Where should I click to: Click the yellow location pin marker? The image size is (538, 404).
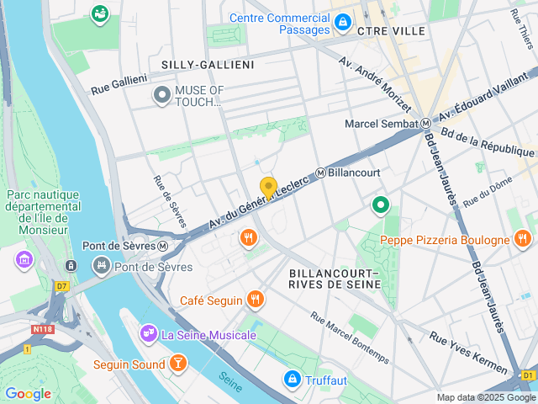[268, 188]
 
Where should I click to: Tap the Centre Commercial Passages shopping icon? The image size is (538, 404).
[342, 23]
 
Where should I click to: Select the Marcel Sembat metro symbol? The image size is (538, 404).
[426, 124]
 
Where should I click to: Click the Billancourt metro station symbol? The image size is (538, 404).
[321, 173]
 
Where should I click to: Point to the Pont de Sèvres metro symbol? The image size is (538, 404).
[163, 246]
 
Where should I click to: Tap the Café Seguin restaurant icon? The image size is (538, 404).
[256, 300]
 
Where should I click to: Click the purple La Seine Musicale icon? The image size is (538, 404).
[149, 334]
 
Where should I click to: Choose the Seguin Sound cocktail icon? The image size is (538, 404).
[177, 364]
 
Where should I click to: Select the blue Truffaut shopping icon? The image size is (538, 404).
[292, 380]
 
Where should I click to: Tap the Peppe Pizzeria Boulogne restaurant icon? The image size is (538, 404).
[523, 240]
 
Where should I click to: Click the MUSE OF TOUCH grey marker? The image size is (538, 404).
[161, 96]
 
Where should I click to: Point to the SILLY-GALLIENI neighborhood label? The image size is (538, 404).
[201, 64]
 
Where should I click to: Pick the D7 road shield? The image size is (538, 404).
[61, 285]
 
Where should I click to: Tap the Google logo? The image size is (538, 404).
[28, 393]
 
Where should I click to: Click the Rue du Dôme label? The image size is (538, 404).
[482, 195]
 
